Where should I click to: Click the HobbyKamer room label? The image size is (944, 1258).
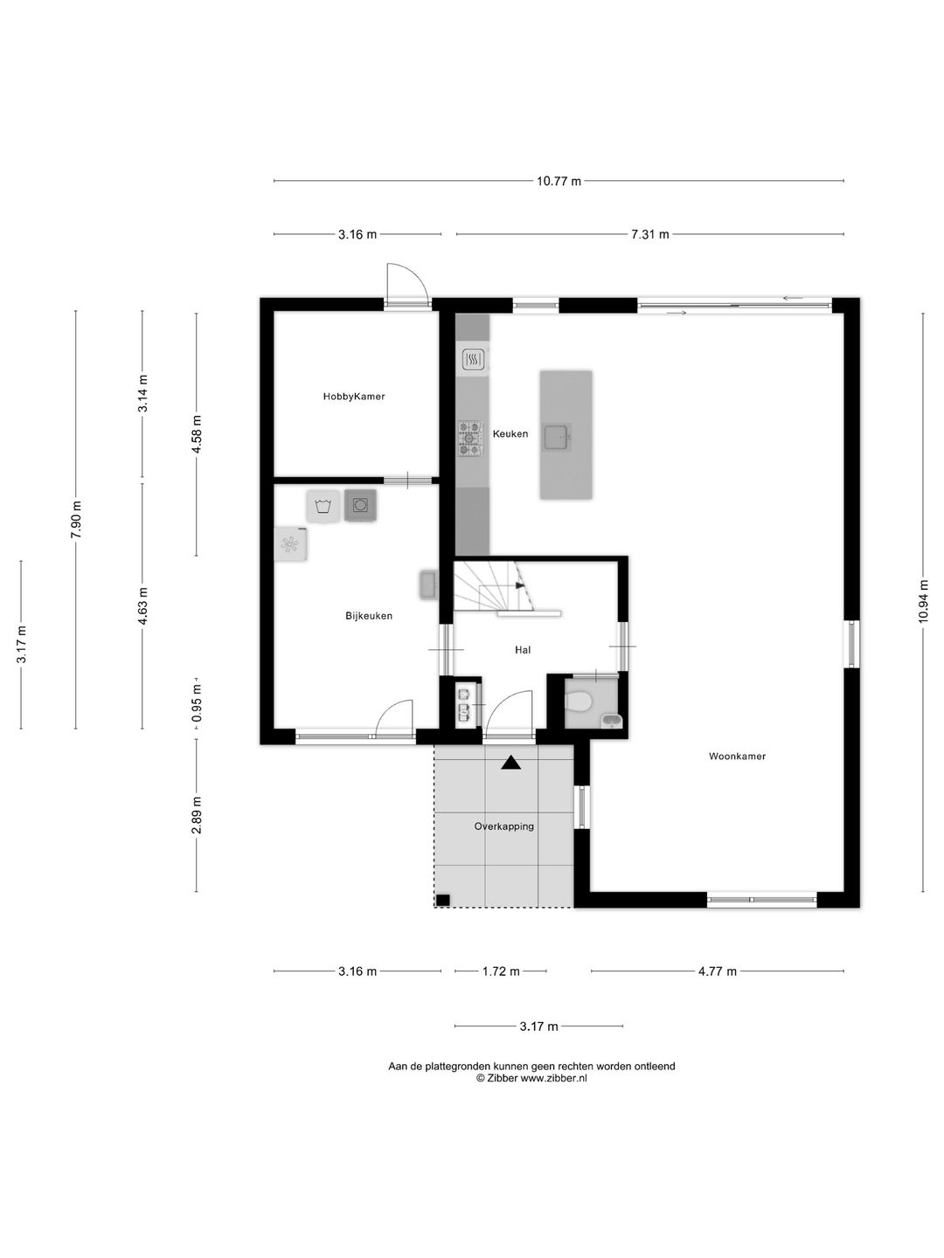354,396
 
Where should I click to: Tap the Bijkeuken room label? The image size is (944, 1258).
369,616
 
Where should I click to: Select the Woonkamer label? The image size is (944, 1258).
737,756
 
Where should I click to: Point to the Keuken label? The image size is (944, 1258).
510,434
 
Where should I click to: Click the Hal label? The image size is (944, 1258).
523,650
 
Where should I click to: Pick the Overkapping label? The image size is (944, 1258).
503,826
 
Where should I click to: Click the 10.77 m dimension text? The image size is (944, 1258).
559,181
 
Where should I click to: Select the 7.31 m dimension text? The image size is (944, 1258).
650,234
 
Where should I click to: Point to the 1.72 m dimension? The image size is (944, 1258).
501,971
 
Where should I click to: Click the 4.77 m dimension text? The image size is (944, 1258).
718,971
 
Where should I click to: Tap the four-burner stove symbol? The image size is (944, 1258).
469,439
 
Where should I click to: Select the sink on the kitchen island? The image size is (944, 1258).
557,437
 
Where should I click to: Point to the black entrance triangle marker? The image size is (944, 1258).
510,763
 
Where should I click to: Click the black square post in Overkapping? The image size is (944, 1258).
443,901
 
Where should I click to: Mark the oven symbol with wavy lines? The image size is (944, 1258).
473,360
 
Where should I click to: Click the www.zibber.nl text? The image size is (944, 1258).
553,1078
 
